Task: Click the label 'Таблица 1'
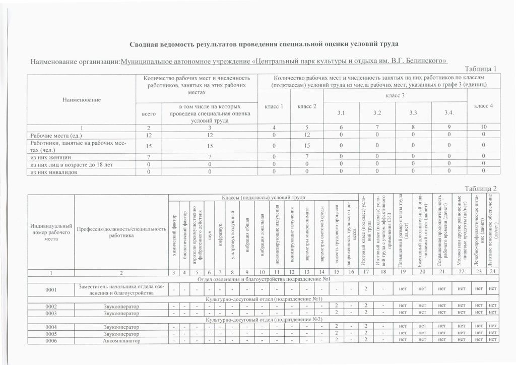coord(480,69)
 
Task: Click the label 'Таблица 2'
coord(480,189)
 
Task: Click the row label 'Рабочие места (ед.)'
coord(56,136)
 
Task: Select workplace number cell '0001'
coord(51,289)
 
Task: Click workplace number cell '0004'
coord(51,326)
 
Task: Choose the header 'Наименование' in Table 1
coord(81,100)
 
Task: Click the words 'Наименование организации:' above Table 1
coord(75,62)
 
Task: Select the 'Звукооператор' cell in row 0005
coord(121,333)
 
